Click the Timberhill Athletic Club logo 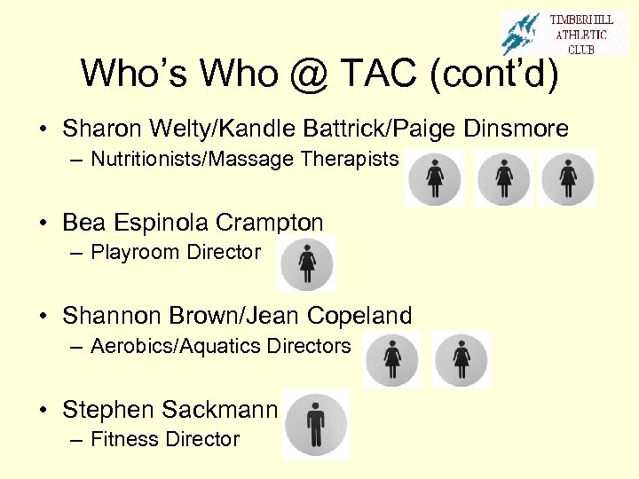(x=564, y=34)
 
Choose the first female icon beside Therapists (x=435, y=178)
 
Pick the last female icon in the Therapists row (x=568, y=178)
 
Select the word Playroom (x=131, y=252)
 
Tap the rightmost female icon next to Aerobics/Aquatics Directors (x=461, y=358)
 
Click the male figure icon (x=316, y=424)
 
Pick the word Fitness (x=122, y=439)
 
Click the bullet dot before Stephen (x=43, y=410)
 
